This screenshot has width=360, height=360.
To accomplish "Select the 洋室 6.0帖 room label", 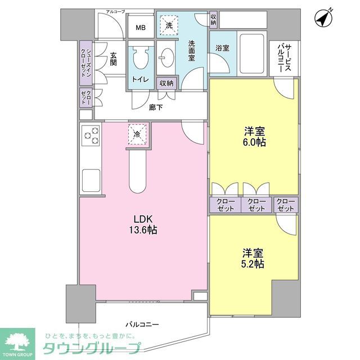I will (255, 137).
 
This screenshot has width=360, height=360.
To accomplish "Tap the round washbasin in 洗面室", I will (167, 57).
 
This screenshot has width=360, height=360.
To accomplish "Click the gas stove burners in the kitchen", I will (91, 137).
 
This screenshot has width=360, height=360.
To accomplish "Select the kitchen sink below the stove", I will (91, 181).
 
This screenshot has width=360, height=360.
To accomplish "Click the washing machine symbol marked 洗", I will (169, 25).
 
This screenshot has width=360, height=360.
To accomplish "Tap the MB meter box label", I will (139, 26).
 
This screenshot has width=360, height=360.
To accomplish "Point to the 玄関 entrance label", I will (114, 58).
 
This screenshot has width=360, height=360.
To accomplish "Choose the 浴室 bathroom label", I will (222, 48).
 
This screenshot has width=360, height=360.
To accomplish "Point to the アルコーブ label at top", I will (115, 11).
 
